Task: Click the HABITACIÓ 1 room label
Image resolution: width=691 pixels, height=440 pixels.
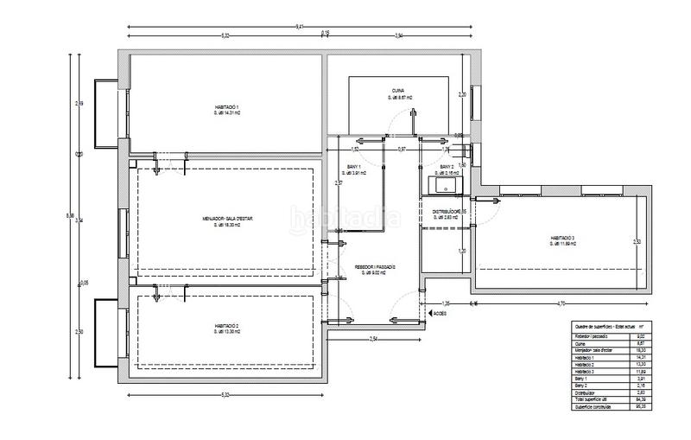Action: pyautogui.click(x=226, y=107)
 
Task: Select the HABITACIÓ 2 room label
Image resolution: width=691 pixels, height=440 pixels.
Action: pyautogui.click(x=226, y=327)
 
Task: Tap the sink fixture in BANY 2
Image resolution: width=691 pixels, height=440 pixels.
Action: pyautogui.click(x=447, y=184)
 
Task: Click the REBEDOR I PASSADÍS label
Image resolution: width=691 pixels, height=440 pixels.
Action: pyautogui.click(x=375, y=267)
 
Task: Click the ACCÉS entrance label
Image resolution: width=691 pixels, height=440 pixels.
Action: pyautogui.click(x=440, y=314)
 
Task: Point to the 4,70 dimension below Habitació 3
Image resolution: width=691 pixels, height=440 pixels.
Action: pyautogui.click(x=560, y=303)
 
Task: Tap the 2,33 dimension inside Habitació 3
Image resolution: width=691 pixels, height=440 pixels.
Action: pyautogui.click(x=636, y=241)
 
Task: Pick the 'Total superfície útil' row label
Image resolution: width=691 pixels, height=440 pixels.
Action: pyautogui.click(x=594, y=399)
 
